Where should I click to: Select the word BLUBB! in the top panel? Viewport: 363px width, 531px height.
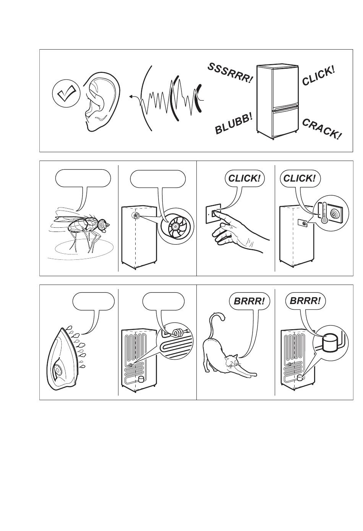[233, 123]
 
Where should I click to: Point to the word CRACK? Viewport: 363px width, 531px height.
[322, 129]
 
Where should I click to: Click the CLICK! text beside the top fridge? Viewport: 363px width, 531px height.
[318, 76]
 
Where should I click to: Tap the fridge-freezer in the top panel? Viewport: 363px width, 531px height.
[277, 101]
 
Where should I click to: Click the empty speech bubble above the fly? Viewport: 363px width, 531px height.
[83, 178]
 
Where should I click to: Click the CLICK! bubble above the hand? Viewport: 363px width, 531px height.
[244, 178]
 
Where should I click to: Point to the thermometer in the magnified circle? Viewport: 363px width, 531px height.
[324, 212]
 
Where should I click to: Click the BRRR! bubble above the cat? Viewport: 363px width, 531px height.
[249, 301]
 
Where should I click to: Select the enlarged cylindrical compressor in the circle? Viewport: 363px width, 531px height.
[330, 343]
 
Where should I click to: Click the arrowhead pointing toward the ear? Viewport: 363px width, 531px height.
[131, 96]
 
